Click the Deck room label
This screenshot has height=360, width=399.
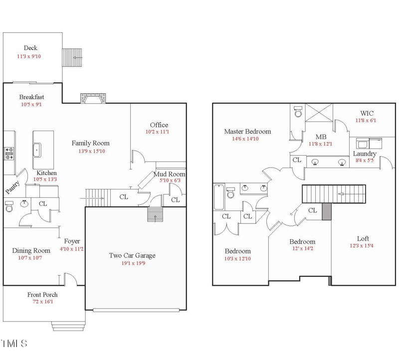30,48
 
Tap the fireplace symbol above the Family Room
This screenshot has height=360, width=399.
93,98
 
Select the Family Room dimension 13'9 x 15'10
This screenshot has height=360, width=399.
92,151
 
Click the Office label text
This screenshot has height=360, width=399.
159,125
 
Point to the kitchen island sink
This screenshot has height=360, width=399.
37,150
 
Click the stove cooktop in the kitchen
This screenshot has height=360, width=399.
9,154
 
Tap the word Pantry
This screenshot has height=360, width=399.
12,187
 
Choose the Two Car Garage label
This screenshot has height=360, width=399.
132,255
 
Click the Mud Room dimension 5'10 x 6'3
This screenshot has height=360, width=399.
170,180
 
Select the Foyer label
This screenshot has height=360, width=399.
72,241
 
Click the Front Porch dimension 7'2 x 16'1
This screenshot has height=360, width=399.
43,302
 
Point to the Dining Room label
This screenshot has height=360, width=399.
31,251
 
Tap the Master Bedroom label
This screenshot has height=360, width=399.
247,132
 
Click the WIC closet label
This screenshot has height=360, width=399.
367,113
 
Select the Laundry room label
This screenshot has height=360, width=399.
365,154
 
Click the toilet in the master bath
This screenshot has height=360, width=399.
298,111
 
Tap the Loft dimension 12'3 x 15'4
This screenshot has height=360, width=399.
362,246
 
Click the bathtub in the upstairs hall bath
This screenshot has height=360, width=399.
219,197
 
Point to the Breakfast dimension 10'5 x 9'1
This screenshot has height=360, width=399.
31,105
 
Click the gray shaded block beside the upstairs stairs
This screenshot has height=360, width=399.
327,211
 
